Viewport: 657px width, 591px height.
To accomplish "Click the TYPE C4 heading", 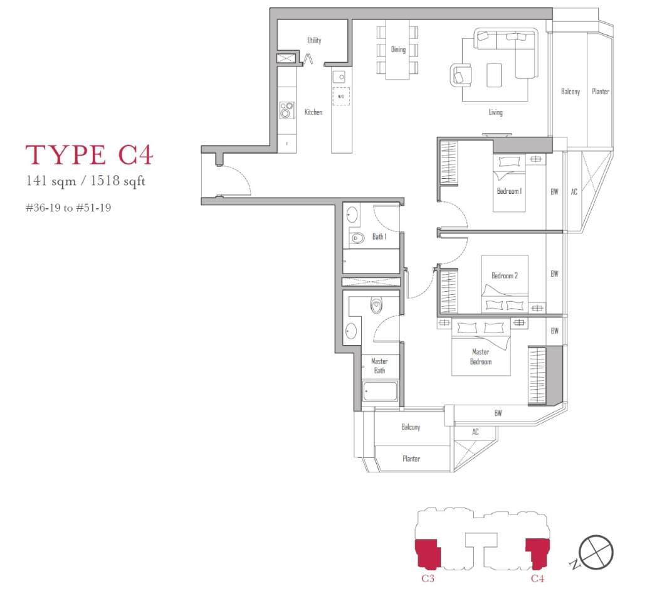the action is [x=89, y=154].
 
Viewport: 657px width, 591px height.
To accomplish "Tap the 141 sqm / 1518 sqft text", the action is [x=85, y=181].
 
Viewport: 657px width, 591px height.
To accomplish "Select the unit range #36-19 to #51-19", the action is [x=68, y=208].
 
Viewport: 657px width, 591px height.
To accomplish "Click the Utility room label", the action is [x=314, y=40].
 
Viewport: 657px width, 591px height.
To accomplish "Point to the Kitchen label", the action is [x=313, y=112].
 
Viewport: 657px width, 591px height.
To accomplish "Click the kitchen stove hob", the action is [x=287, y=110].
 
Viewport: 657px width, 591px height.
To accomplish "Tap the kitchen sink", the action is [x=339, y=77].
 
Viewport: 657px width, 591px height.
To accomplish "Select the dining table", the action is [x=397, y=50].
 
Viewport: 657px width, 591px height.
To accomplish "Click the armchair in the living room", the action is [x=461, y=75].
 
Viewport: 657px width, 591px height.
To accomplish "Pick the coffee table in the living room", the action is [x=495, y=75].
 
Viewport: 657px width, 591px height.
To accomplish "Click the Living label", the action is [x=495, y=112].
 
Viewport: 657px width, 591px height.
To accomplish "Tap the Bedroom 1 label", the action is [x=509, y=191].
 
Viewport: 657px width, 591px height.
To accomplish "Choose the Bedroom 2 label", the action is [x=505, y=275].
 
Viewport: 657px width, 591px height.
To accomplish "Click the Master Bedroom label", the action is [x=481, y=356].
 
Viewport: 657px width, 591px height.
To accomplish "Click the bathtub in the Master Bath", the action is [x=381, y=391].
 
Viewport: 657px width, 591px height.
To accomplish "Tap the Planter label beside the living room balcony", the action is [x=601, y=91].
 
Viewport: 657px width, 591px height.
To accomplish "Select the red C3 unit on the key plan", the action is [x=428, y=553].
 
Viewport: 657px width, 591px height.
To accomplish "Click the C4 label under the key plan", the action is [x=538, y=578].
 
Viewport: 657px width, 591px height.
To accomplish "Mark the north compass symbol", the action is [x=596, y=552].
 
